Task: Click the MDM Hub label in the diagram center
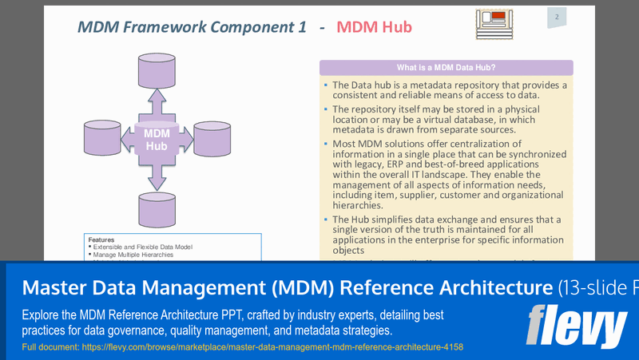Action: click(x=157, y=140)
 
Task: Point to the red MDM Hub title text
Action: click(x=374, y=27)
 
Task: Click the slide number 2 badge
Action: click(x=556, y=18)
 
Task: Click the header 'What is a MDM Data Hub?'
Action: click(x=446, y=68)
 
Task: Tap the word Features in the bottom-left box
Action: click(x=101, y=239)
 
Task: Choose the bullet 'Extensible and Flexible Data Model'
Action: click(x=142, y=247)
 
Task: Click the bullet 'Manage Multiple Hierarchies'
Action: click(x=133, y=255)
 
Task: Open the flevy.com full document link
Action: click(x=242, y=347)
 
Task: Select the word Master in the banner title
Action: click(x=54, y=287)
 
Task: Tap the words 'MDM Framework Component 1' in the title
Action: click(x=192, y=27)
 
